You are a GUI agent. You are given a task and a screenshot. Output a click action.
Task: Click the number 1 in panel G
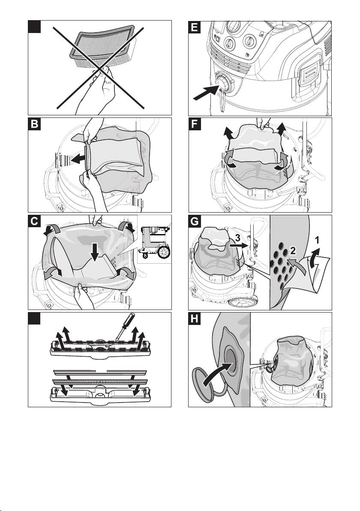click(318, 240)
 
